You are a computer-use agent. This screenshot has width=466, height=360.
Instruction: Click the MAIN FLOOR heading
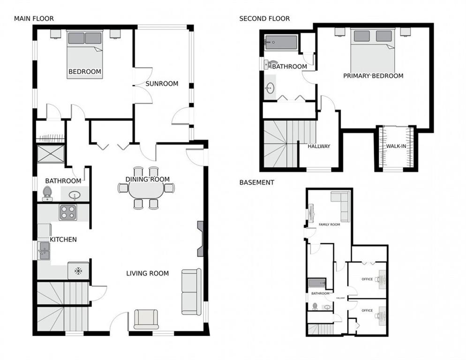[x=34, y=19]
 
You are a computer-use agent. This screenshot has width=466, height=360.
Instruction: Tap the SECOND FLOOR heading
[x=264, y=19]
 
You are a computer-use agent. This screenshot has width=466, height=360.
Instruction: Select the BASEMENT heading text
[x=256, y=182]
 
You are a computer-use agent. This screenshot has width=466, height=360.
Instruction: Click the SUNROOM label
[x=162, y=84]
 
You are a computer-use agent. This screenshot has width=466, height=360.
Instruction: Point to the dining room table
[x=146, y=189]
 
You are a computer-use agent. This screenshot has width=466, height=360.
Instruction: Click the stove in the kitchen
[x=68, y=213]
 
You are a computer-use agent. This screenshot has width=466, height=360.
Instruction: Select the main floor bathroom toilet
[x=47, y=193]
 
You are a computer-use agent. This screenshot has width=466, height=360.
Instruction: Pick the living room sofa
[x=191, y=291]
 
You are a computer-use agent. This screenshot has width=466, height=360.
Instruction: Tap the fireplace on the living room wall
[x=201, y=239]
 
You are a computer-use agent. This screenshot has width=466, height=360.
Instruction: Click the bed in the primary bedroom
[x=372, y=50]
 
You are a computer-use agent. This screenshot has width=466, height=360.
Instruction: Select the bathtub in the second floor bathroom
[x=281, y=43]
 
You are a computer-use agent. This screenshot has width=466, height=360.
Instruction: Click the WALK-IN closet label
[x=396, y=146]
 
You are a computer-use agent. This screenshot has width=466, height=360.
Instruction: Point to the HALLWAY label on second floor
[x=319, y=146]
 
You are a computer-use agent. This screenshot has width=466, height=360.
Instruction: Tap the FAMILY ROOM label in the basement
[x=329, y=225]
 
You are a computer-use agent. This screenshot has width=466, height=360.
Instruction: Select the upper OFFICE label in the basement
[x=367, y=279]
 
